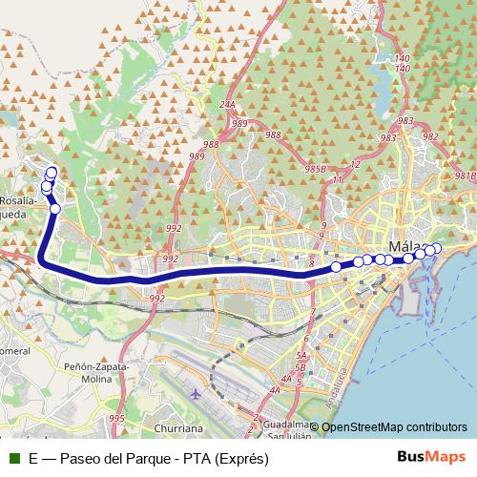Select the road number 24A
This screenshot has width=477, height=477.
tap(226, 105)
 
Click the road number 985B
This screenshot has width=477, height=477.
tap(316, 169)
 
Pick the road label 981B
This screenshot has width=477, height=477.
tap(465, 176)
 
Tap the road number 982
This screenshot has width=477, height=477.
tap(430, 136)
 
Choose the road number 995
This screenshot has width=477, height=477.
tap(116, 418)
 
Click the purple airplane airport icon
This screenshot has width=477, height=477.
tap(196, 392)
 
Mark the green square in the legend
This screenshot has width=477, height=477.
tap(12, 458)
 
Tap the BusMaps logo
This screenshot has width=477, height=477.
tap(431, 457)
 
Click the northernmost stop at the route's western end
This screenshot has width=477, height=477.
tap(52, 173)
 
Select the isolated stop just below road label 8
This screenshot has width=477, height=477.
tap(336, 267)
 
